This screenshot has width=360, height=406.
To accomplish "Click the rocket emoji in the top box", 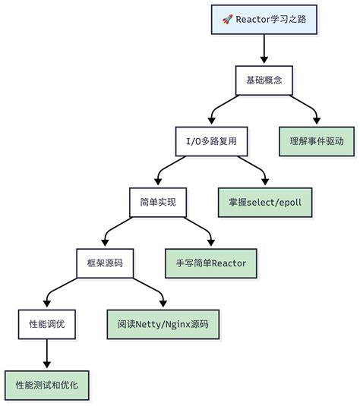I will (227, 19).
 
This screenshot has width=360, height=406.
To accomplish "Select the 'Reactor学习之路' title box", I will (264, 19).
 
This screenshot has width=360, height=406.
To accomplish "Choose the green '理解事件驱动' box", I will (317, 141).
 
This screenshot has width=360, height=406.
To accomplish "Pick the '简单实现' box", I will (158, 203).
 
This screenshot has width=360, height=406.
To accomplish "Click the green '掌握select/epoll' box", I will (265, 203).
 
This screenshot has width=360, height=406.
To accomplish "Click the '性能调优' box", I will (47, 324).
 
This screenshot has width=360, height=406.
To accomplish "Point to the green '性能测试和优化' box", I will (47, 385).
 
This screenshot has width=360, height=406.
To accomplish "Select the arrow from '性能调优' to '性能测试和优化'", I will (47, 354).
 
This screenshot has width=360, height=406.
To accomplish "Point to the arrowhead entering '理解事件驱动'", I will (317, 121).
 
